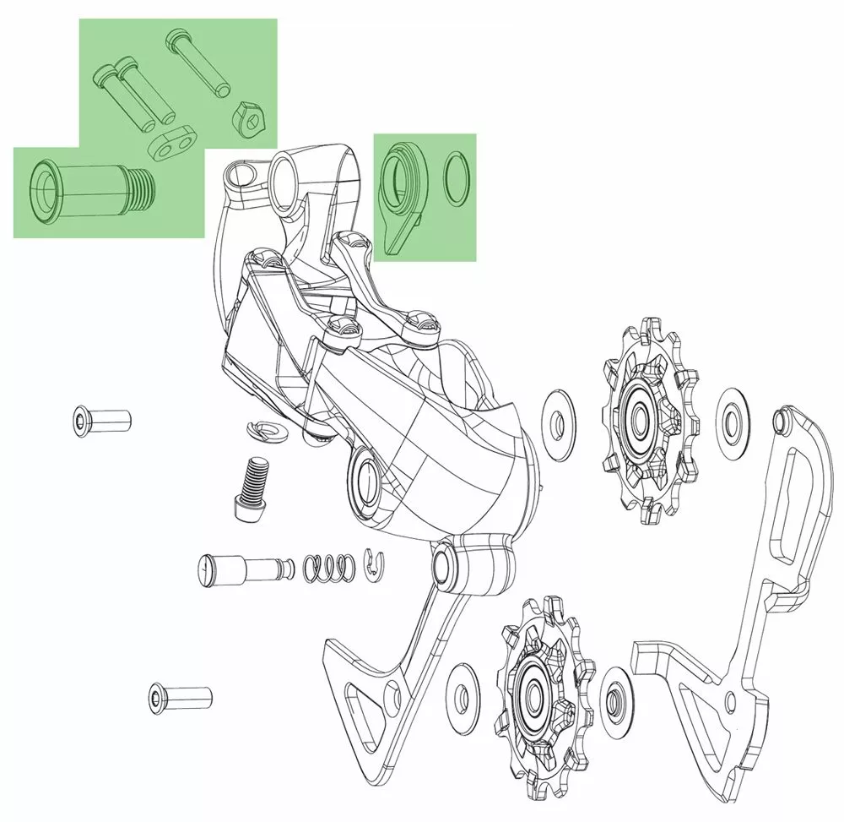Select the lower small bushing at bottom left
point(180,698)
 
